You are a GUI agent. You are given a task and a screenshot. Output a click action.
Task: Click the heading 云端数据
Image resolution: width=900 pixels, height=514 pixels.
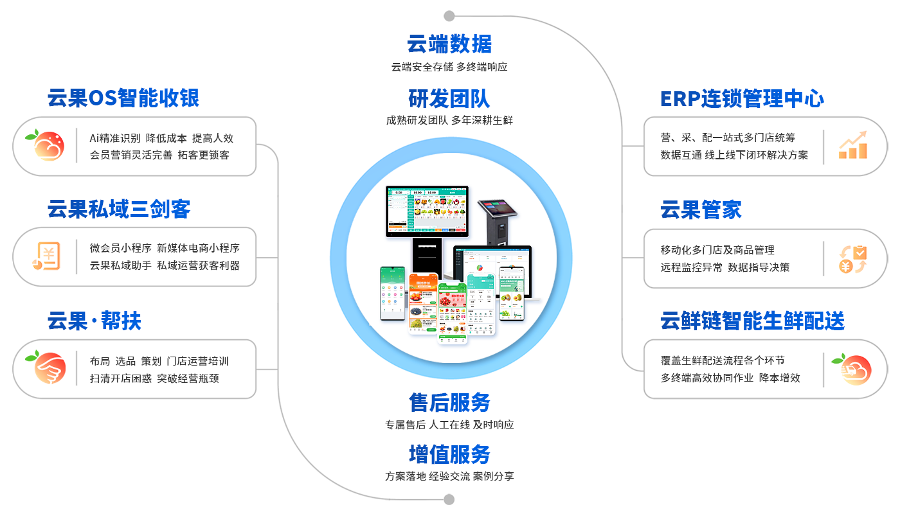coord(449,44)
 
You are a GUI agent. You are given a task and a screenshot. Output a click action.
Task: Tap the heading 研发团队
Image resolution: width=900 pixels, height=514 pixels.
coord(449,98)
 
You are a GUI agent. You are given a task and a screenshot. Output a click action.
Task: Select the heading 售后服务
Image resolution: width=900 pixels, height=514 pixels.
coord(449,403)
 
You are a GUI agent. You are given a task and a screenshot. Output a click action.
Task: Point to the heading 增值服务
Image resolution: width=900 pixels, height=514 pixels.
coord(449,455)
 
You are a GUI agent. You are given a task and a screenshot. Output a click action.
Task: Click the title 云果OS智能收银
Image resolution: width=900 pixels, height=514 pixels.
coord(123,98)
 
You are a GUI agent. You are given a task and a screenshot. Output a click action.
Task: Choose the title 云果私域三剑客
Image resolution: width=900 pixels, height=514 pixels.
coord(119,209)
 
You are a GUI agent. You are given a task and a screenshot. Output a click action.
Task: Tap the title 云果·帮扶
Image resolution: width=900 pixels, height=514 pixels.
coord(94,321)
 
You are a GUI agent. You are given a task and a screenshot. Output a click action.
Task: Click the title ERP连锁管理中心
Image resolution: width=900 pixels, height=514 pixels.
coord(742,99)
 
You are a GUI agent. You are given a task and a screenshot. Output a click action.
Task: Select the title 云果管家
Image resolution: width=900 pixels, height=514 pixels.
coord(701,210)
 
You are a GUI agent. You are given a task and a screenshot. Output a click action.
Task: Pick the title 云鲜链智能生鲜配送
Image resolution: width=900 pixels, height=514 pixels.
coord(752,321)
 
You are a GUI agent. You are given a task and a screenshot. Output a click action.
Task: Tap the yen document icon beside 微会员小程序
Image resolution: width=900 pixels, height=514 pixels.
coord(46,256)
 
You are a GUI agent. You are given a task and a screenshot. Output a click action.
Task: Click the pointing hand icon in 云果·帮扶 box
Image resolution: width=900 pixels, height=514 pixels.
coord(46,368)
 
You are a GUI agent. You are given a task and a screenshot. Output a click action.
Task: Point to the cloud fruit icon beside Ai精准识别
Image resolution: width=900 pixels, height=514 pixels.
coord(45,145)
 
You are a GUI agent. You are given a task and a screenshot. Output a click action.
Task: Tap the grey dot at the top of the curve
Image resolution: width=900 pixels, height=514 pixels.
coord(449,16)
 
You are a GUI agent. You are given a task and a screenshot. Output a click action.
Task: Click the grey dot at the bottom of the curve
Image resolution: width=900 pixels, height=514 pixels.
coord(449,499)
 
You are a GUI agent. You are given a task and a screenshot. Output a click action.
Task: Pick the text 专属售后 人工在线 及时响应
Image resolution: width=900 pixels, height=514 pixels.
coord(449,425)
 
